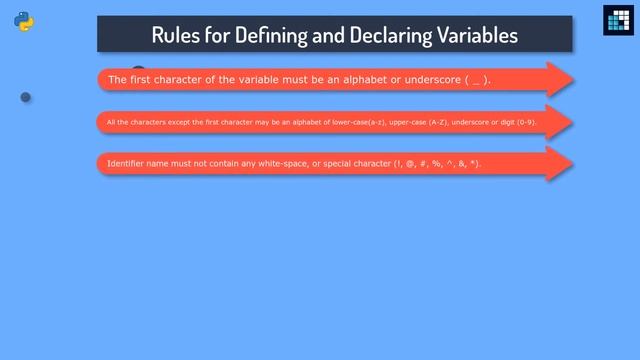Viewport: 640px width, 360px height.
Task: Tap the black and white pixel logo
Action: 617,21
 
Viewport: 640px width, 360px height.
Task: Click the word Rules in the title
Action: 175,35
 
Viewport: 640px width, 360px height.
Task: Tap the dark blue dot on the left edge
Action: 26,97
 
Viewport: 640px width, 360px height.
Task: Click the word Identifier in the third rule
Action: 127,163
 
